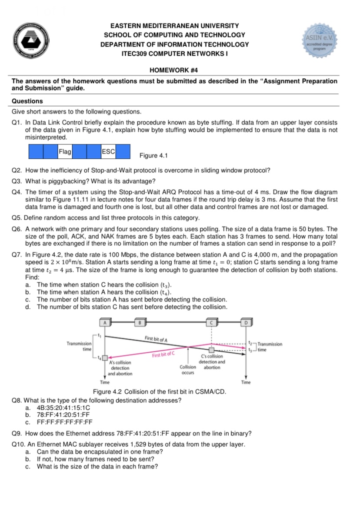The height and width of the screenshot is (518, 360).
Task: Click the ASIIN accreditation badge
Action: coord(320,41)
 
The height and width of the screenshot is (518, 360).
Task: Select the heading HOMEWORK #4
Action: coord(174,70)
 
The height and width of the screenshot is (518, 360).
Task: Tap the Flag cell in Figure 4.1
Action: coord(65,152)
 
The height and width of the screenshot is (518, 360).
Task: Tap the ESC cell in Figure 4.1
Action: coord(108,152)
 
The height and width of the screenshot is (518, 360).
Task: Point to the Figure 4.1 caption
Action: coord(153,156)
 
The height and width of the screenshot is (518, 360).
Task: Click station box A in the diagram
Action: coord(105,322)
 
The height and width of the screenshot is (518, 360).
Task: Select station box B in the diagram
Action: coord(139,322)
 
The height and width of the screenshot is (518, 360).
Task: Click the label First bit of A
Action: coord(157,339)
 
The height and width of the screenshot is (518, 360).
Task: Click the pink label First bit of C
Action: coord(163,355)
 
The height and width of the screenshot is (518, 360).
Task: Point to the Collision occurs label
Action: coord(188,370)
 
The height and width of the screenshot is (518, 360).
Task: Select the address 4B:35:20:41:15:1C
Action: coord(63,408)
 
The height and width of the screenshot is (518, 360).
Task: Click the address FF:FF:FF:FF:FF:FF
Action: coord(65,421)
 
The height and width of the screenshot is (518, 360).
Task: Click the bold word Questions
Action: coord(27,101)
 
